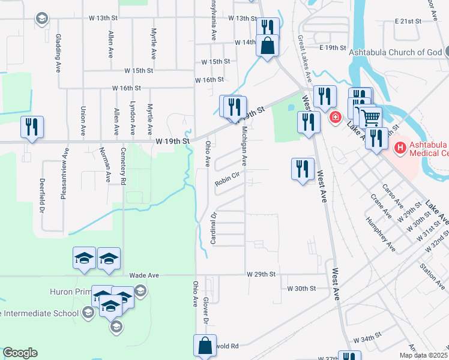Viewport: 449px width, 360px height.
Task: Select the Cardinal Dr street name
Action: tap(212, 228)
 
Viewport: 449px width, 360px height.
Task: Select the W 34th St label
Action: tap(368, 339)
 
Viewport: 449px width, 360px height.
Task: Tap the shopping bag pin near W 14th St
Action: tap(267, 45)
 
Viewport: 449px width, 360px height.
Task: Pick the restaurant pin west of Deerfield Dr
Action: tap(31, 127)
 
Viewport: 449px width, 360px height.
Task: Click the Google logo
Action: tap(20, 353)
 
